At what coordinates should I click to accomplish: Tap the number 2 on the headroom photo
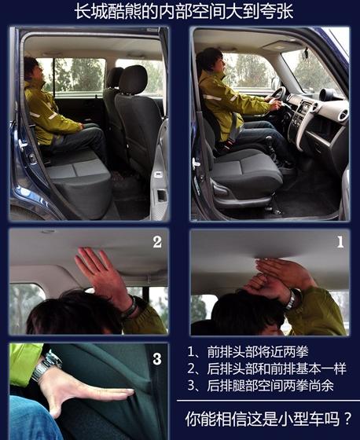pos(157,242)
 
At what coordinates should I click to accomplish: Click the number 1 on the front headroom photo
pos(340,242)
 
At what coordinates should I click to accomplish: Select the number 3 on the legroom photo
pos(157,359)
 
